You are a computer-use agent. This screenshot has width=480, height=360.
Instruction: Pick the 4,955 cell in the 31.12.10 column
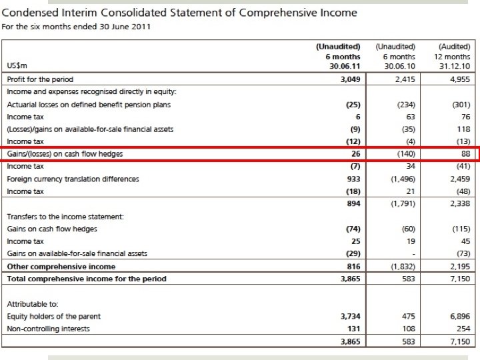tap(459, 79)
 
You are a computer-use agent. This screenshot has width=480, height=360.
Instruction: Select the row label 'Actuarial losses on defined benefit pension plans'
tap(89, 105)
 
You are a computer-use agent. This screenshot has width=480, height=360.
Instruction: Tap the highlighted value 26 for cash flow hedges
tap(355, 154)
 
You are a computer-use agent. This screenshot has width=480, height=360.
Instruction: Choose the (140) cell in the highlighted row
tap(404, 154)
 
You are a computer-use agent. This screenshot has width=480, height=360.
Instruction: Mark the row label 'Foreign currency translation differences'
tap(73, 179)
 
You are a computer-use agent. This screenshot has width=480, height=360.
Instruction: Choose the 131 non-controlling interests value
tap(353, 329)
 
